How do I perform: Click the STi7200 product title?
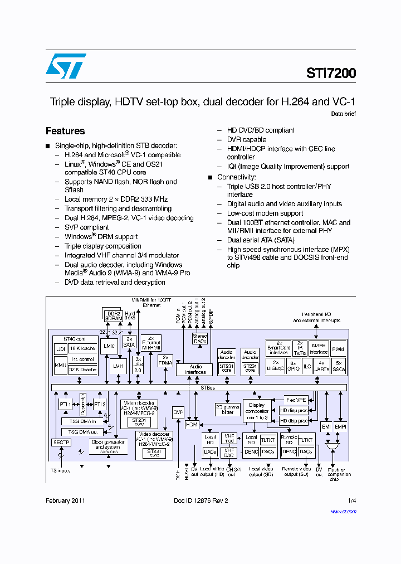330,73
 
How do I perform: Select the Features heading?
65,131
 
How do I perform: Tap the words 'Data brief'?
343,114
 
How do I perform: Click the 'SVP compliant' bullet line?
86,227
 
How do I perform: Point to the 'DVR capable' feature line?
246,139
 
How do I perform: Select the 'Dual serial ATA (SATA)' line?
261,240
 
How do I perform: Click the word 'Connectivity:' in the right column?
236,177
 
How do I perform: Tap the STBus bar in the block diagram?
199,387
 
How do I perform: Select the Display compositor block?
257,411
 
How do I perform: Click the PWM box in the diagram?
338,350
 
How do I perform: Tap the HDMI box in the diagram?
192,424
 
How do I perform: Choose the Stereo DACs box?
199,338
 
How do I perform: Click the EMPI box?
340,426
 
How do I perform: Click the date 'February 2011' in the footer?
66,500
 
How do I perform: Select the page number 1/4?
351,500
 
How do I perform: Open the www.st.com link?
343,511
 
